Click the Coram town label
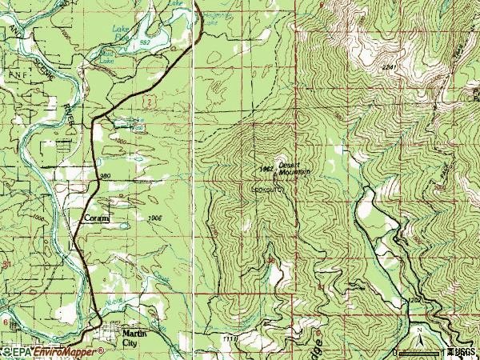[x=94, y=218]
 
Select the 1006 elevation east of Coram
[x=154, y=217]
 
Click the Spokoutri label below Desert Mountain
[x=267, y=190]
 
